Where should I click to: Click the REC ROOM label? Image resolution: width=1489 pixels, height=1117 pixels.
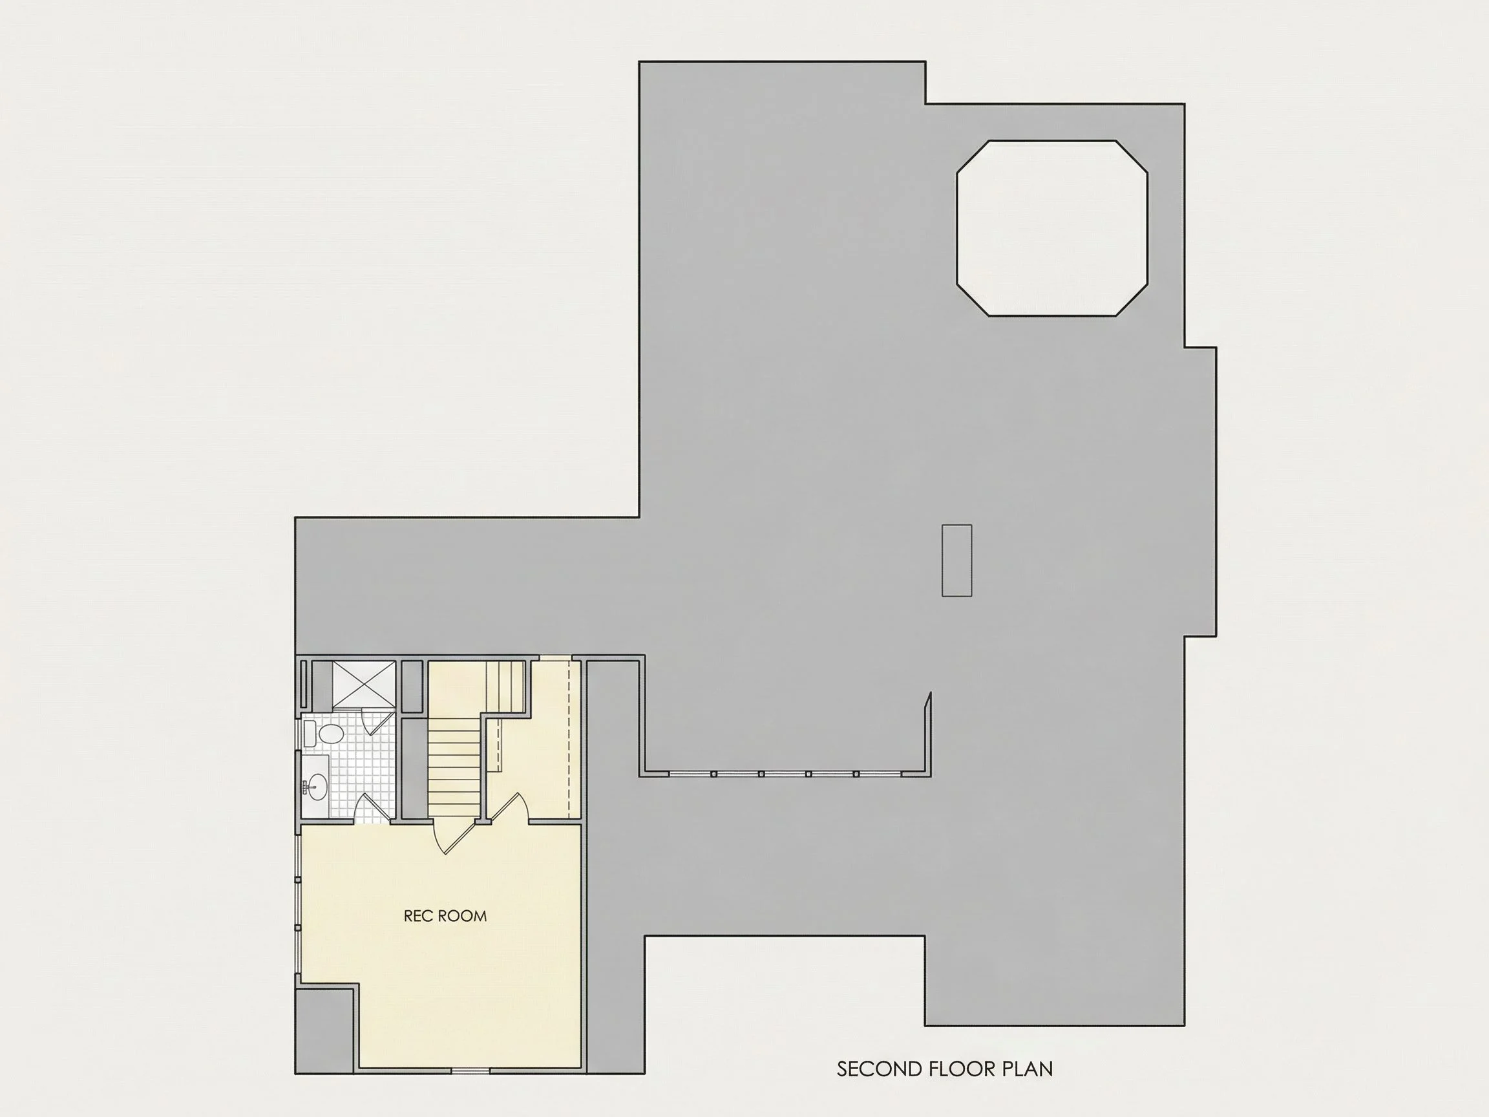445,916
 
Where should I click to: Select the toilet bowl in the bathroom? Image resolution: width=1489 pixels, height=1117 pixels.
330,733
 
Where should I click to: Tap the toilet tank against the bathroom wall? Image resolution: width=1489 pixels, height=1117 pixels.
309,733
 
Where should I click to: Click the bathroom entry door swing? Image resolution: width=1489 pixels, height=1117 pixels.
373,807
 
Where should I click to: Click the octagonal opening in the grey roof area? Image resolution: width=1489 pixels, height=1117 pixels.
1052,228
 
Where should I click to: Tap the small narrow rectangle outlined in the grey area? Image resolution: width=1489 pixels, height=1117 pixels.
956,560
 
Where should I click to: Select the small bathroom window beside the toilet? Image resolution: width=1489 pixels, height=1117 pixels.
299,733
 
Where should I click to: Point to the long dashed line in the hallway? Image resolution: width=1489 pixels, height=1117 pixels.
569,739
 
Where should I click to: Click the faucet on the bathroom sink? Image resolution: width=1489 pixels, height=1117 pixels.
306,784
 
